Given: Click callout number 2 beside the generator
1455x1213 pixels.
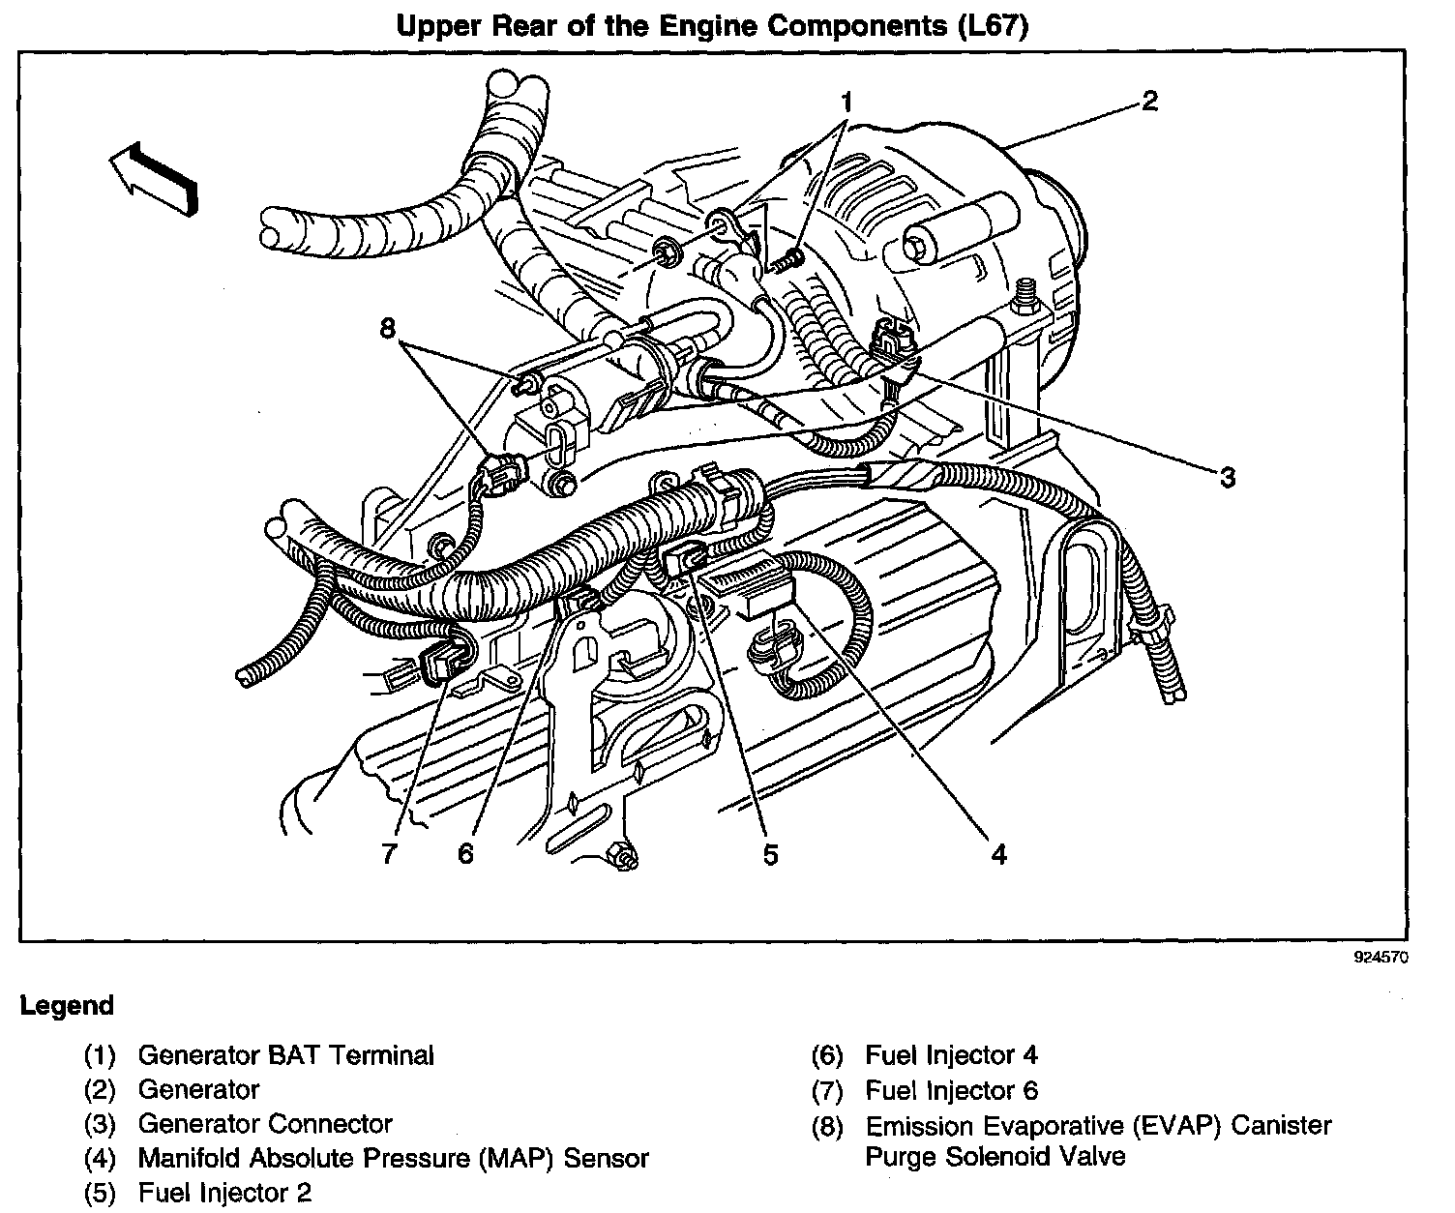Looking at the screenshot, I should point(1148,101).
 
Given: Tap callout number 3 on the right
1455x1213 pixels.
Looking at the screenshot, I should point(1227,477).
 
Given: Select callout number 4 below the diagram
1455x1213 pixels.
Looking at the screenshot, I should point(998,854).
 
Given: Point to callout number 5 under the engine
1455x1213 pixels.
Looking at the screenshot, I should point(770,854).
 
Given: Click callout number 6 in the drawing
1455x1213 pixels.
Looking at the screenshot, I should point(466,854).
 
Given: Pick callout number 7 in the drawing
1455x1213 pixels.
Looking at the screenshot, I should point(389,854).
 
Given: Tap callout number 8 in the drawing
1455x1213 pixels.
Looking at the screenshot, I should point(388,329).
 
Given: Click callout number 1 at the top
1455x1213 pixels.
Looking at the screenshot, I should point(846,101).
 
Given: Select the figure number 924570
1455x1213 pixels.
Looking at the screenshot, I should point(1381,959).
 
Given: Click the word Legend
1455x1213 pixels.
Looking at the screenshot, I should point(67,1006).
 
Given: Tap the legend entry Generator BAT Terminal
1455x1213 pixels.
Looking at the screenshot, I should point(286,1055).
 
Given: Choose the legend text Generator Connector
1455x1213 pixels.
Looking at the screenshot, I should point(265,1124).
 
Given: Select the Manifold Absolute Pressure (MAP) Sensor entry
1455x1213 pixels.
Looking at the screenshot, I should point(393,1158).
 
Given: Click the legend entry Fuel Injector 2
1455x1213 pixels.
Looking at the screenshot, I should point(224,1193).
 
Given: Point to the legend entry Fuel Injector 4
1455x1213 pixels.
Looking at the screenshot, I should point(951,1055).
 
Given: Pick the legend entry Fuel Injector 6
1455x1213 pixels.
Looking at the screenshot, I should point(951,1090).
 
